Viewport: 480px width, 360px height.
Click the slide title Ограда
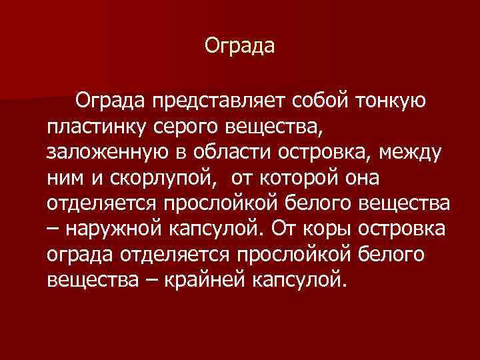239,47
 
